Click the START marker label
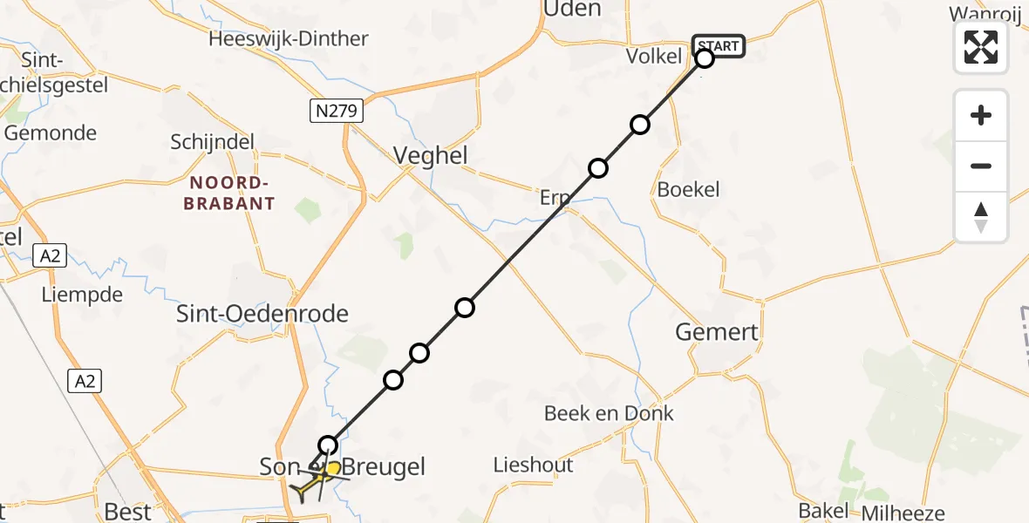(x=719, y=46)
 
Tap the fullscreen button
(x=981, y=47)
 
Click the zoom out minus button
(x=981, y=166)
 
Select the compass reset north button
(x=981, y=216)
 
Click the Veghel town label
(x=431, y=156)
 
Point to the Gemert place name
(x=717, y=332)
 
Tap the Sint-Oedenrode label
(x=262, y=314)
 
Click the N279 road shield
(x=336, y=111)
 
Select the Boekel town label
(x=689, y=189)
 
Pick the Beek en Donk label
(x=609, y=413)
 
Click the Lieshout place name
(x=534, y=465)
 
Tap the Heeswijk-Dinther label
(x=289, y=38)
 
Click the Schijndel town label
(x=213, y=142)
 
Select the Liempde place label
(x=82, y=295)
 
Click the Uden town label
(x=572, y=10)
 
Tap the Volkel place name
(x=653, y=57)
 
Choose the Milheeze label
(x=903, y=513)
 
